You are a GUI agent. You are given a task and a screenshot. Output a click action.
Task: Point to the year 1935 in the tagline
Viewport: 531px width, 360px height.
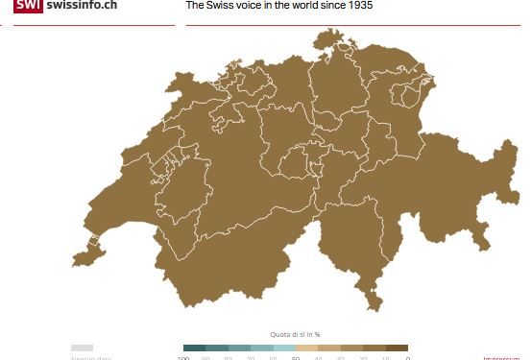(357, 6)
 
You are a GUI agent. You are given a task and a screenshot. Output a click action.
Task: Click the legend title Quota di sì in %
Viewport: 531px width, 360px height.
(295, 334)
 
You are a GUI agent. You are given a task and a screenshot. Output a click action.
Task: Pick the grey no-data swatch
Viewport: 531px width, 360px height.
(82, 348)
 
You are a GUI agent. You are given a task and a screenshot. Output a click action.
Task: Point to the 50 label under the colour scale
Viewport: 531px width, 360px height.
(296, 358)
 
